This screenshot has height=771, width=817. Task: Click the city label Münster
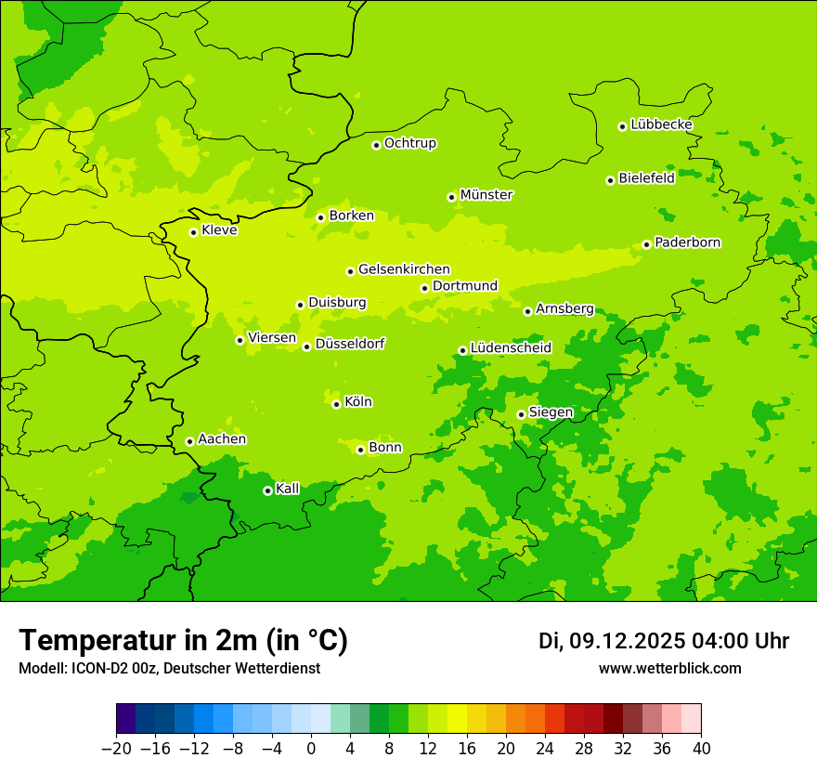[486, 195]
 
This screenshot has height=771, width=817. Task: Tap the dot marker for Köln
[336, 404]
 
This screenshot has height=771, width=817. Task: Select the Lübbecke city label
[662, 124]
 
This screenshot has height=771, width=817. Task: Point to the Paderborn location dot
[647, 244]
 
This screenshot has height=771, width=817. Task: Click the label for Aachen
[222, 439]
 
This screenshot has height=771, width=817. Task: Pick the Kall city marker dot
[267, 490]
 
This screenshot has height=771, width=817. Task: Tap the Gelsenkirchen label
[404, 269]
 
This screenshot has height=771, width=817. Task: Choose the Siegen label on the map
[551, 412]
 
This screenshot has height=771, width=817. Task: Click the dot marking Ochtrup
[376, 145]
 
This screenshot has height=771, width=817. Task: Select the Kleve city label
[219, 230]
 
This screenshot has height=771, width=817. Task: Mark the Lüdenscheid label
[511, 348]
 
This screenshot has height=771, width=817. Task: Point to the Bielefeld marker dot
[611, 180]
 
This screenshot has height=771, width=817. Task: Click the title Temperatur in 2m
[183, 641]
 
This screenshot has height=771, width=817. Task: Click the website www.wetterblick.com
[669, 668]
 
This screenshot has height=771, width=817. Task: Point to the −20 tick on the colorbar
[116, 749]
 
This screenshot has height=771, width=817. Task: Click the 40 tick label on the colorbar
[701, 749]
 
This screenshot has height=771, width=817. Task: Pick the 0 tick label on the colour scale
[311, 749]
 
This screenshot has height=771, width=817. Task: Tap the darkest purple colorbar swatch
[126, 719]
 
